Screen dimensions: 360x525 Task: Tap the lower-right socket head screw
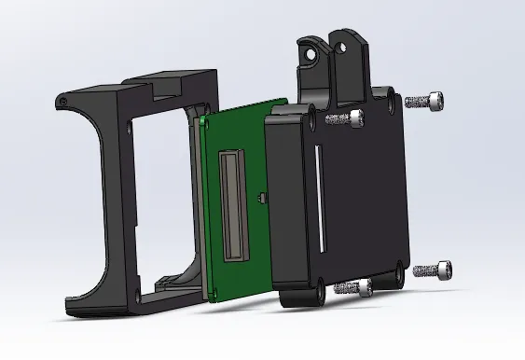(434, 270)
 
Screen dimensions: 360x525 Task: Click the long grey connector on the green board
(232, 207)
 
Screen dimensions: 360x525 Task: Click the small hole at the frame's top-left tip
(61, 98)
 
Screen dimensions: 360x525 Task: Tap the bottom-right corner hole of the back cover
(401, 270)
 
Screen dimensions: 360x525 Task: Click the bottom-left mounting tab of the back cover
(294, 298)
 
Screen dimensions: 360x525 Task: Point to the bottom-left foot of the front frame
(75, 302)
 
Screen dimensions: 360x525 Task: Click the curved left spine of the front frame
(99, 196)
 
